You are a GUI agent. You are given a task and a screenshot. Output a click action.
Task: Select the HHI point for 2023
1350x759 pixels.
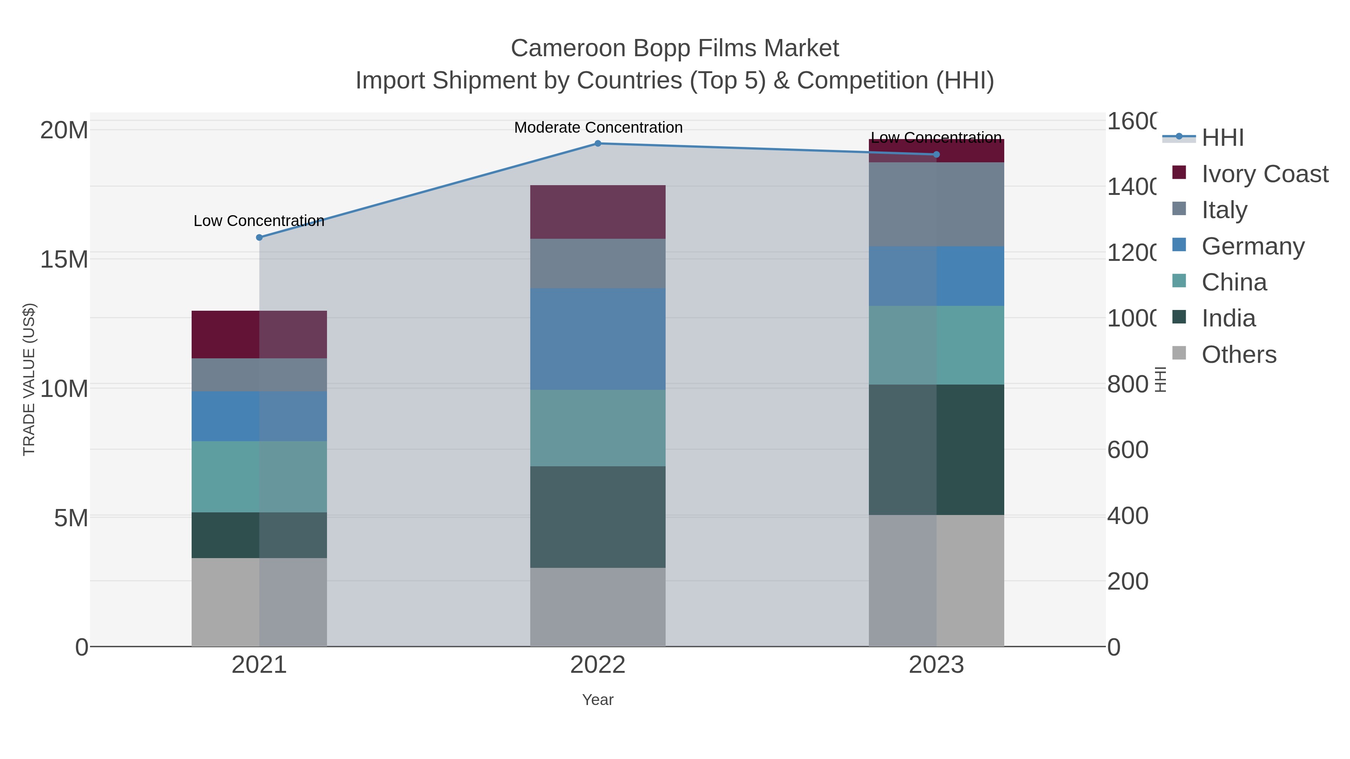click(x=936, y=154)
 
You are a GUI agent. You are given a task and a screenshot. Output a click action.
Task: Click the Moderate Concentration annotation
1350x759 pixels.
click(x=598, y=127)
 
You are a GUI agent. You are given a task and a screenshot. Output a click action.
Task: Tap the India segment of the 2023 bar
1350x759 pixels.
click(x=936, y=449)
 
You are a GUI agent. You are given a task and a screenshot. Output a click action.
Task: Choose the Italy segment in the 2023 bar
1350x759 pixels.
click(x=936, y=204)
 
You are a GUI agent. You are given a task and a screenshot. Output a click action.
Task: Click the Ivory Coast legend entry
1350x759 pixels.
click(x=1264, y=174)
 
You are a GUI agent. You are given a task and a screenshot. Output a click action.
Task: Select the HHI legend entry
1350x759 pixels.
click(x=1222, y=138)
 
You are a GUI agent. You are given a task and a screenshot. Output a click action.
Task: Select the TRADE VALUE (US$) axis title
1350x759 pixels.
click(x=29, y=379)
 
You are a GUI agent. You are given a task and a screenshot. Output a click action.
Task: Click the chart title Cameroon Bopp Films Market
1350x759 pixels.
click(x=675, y=48)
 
